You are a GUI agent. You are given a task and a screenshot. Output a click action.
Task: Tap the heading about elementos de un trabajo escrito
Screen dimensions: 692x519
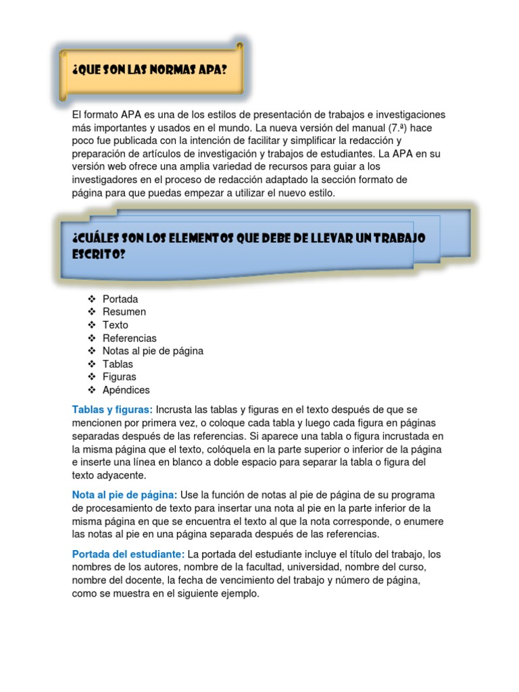pos(247,246)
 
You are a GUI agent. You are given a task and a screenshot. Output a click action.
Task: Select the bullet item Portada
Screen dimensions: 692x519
pos(120,299)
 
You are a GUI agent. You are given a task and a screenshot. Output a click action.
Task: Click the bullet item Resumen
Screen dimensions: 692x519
pos(124,312)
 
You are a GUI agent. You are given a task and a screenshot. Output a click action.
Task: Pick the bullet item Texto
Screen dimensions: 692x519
pos(115,325)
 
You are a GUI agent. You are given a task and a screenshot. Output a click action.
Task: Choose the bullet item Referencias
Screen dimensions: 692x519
pos(129,338)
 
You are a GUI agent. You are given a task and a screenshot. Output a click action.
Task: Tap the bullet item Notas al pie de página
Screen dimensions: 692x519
pos(153,351)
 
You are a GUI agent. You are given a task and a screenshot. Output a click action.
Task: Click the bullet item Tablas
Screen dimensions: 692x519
pos(118,364)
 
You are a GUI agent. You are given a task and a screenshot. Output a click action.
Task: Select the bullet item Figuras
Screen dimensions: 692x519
pos(119,377)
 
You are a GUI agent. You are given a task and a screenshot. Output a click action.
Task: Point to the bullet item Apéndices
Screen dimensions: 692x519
pos(126,390)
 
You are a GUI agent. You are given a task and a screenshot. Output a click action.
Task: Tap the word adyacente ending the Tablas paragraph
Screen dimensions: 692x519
pos(118,476)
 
